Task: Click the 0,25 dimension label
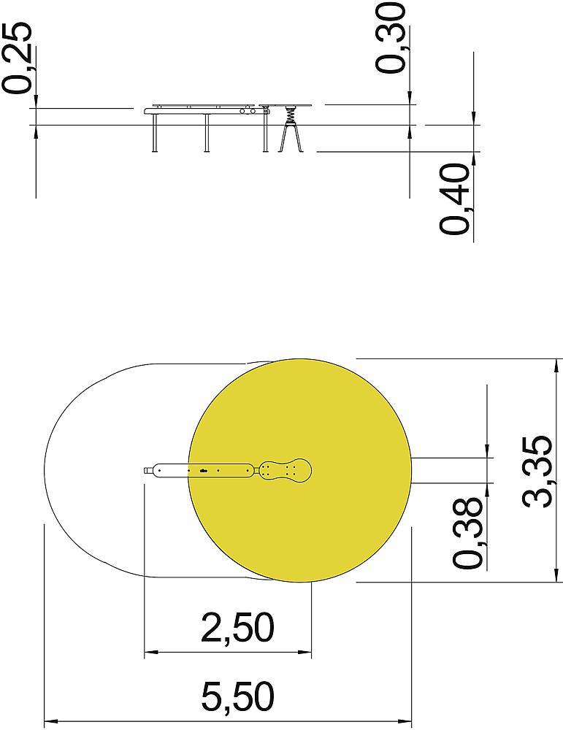pyautogui.click(x=17, y=58)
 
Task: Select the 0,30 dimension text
pyautogui.click(x=391, y=37)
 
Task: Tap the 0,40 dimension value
pyautogui.click(x=454, y=199)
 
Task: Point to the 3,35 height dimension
pyautogui.click(x=537, y=471)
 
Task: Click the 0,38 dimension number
pyautogui.click(x=468, y=533)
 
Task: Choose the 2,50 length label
pyautogui.click(x=237, y=627)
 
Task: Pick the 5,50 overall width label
pyautogui.click(x=237, y=696)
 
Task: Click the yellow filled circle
pyautogui.click(x=300, y=470)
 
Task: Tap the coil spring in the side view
pyautogui.click(x=291, y=114)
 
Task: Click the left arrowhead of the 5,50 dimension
pyautogui.click(x=50, y=722)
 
